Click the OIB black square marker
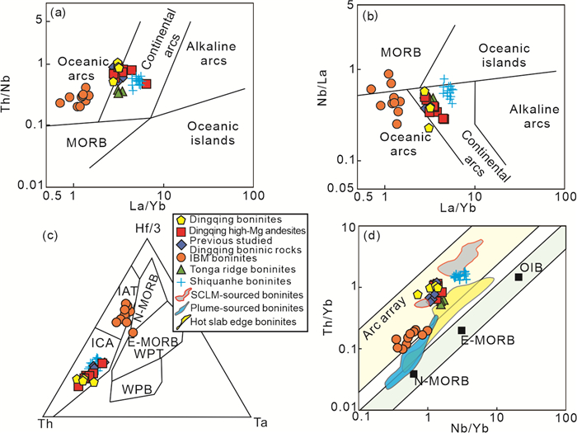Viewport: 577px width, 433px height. coord(518,276)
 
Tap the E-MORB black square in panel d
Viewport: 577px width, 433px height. coord(462,331)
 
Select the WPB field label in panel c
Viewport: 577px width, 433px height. coord(137,388)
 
